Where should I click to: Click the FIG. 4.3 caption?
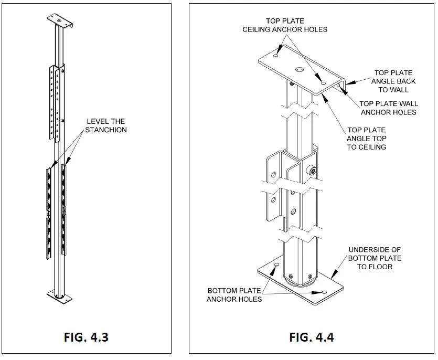pyautogui.click(x=86, y=336)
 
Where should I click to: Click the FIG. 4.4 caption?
pyautogui.click(x=312, y=336)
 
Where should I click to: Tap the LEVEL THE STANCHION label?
pyautogui.click(x=106, y=125)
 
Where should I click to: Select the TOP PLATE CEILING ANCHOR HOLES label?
pyautogui.click(x=285, y=25)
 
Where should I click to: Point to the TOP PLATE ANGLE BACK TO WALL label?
pyautogui.click(x=393, y=81)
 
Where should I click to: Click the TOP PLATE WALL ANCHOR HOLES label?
pyautogui.click(x=389, y=108)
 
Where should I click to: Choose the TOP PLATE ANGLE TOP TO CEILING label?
pyautogui.click(x=366, y=139)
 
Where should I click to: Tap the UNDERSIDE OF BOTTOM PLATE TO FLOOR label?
pyautogui.click(x=375, y=258)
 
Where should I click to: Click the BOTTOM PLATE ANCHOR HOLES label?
pyautogui.click(x=234, y=295)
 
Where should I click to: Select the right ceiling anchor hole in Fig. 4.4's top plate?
pyautogui.click(x=323, y=82)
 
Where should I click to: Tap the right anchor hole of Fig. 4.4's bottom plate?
pyautogui.click(x=324, y=292)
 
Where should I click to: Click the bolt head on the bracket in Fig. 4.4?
pyautogui.click(x=313, y=170)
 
